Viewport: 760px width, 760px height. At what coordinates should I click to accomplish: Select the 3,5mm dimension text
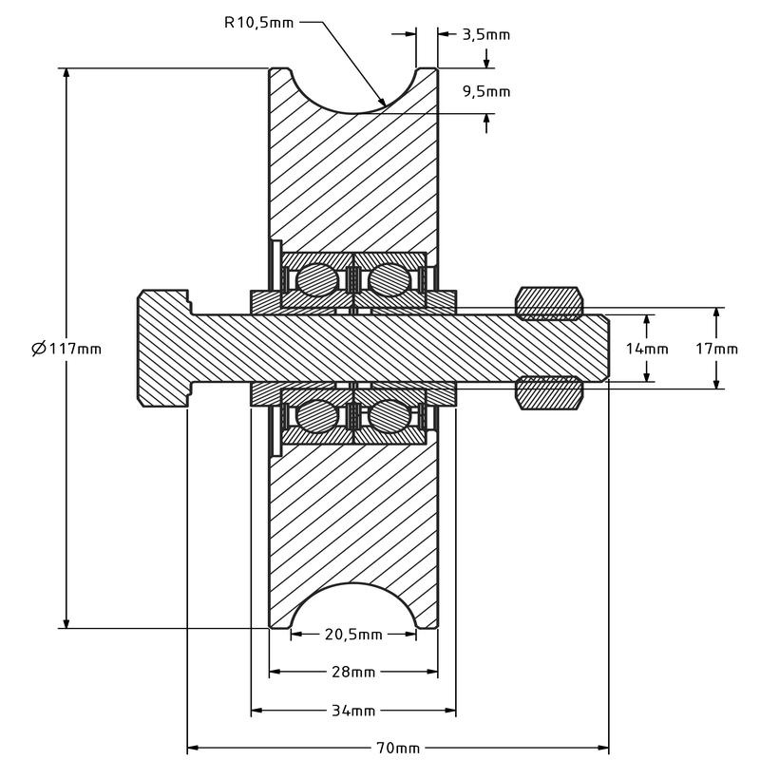[485, 35]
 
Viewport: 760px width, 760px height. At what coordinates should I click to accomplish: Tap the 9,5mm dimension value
[485, 92]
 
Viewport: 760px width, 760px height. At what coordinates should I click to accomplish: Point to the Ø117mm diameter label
[66, 349]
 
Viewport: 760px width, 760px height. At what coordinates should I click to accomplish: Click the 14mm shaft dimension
[647, 349]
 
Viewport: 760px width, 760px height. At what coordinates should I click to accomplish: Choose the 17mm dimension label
[716, 349]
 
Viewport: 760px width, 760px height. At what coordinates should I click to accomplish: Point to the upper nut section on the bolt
[548, 301]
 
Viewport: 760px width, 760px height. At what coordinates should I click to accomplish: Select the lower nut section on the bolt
[548, 394]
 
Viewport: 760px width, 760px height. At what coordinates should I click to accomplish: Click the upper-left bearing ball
[316, 280]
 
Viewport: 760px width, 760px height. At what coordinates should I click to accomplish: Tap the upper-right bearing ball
[389, 280]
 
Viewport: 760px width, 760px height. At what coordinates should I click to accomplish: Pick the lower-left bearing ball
[316, 415]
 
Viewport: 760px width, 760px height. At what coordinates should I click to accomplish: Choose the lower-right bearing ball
[389, 415]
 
